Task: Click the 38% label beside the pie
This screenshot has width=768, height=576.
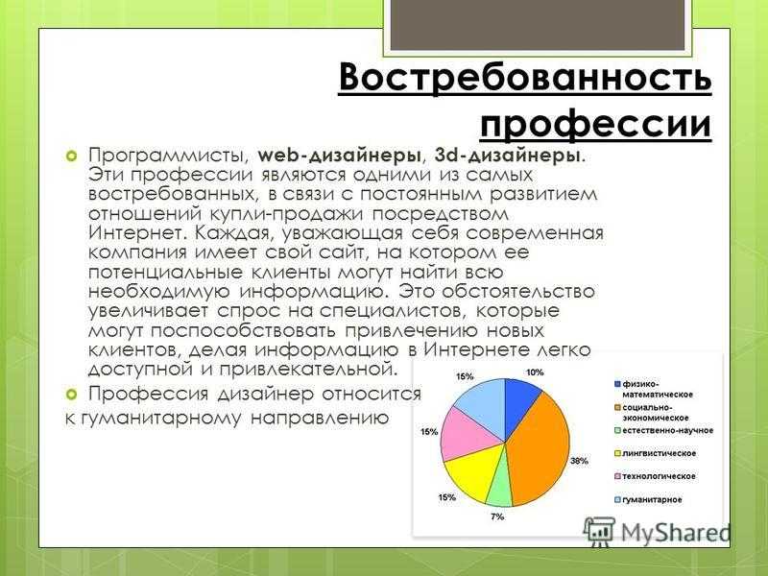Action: click(x=579, y=461)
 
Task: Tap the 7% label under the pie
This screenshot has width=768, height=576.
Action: click(x=497, y=516)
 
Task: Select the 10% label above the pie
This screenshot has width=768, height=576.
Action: click(x=535, y=372)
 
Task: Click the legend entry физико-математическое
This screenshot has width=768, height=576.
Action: click(x=654, y=389)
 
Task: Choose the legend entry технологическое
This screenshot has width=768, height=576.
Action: click(x=655, y=476)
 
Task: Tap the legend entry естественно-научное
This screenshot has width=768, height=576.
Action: click(x=663, y=430)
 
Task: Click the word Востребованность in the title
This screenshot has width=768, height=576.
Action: click(x=524, y=76)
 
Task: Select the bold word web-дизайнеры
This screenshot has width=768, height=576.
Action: click(x=339, y=155)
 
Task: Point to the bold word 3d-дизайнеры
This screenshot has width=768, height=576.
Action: click(x=510, y=155)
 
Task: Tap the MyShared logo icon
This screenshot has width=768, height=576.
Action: click(x=598, y=532)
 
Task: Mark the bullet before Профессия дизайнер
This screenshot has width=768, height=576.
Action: click(x=72, y=394)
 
